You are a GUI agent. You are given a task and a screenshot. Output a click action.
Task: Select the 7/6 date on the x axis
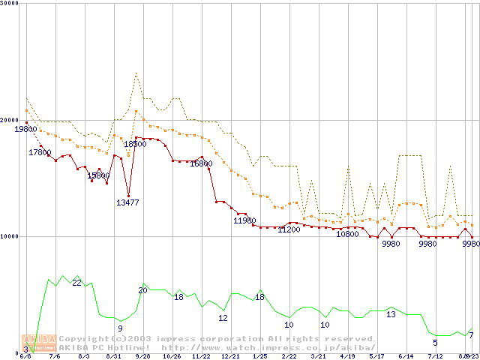point(54,356)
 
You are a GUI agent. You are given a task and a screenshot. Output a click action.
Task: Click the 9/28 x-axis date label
point(142,356)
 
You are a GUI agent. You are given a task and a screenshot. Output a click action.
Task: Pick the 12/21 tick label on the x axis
point(230,356)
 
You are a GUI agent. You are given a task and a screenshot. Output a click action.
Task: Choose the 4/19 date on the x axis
point(347,356)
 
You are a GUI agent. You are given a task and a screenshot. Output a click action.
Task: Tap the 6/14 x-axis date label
point(406,356)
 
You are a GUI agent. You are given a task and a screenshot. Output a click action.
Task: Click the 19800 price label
point(25,129)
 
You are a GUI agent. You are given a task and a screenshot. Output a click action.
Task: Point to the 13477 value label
point(127,202)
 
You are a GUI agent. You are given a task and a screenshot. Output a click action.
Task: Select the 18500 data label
point(135,144)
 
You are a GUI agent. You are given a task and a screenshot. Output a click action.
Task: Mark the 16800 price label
point(201,163)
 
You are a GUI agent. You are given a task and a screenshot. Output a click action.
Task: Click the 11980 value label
point(244,220)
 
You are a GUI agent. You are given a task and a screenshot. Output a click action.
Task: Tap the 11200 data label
point(289,229)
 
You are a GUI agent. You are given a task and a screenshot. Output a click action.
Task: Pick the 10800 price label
point(347,234)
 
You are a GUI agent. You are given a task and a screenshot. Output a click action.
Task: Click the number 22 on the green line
point(76,283)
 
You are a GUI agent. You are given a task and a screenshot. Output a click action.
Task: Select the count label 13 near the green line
point(391,314)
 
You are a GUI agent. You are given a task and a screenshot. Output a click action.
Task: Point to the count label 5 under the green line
point(435,343)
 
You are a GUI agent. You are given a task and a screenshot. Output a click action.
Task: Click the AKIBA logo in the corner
point(39,343)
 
